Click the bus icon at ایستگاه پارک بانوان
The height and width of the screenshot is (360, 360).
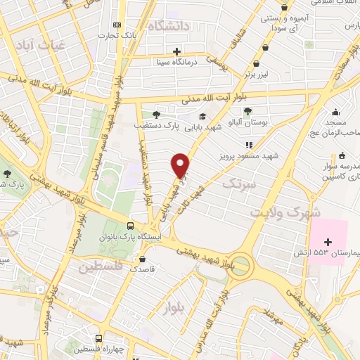[x=130, y=226]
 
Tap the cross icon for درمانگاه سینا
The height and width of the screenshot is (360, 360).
[x=177, y=51]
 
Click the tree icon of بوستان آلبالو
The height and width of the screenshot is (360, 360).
[x=247, y=110]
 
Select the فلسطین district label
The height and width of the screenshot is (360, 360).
[x=101, y=267]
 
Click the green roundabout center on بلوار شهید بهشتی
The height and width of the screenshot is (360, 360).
[x=241, y=265]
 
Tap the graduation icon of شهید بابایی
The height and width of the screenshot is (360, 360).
[x=202, y=117]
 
